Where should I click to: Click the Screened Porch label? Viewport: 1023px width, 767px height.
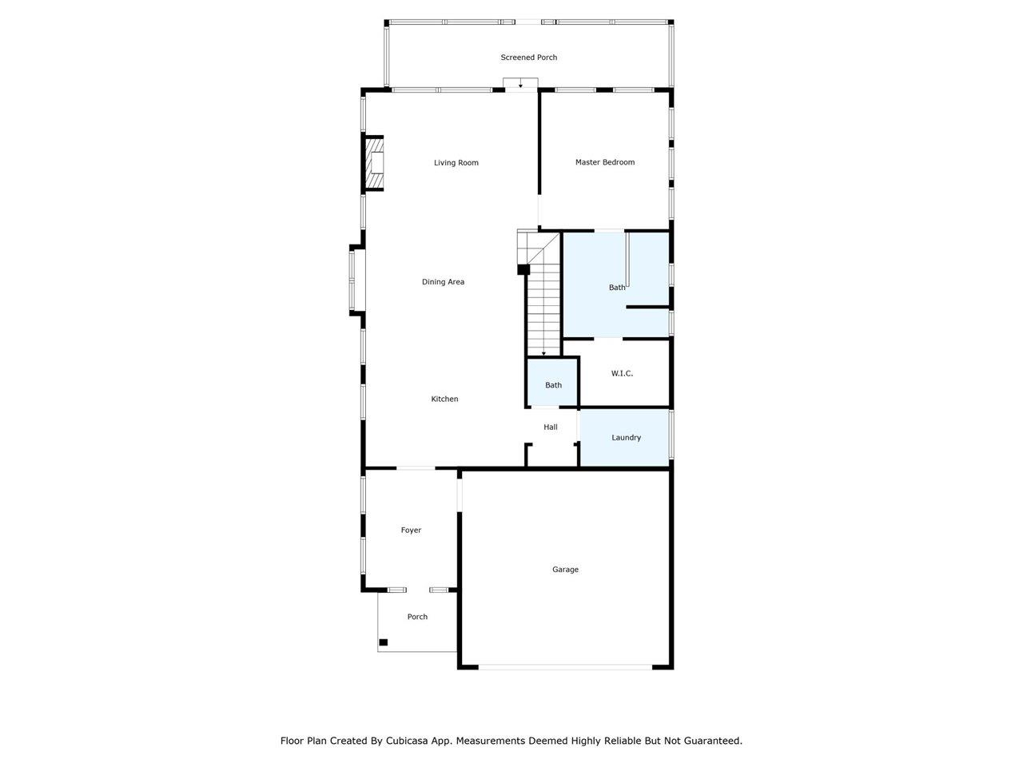coord(528,58)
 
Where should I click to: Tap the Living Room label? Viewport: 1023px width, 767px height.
coord(456,162)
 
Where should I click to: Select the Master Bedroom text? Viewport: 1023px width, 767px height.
coord(604,162)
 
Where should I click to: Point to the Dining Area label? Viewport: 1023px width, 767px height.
coord(443,282)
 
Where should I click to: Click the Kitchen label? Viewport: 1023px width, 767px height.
coord(444,399)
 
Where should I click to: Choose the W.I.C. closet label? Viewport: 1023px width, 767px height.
coord(622,373)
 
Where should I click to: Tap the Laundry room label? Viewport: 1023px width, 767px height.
coord(626,438)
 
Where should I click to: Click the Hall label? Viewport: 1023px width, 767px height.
coord(551,427)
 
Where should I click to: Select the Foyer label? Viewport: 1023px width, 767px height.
coord(411,530)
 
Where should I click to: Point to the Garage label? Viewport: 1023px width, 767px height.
coord(565,570)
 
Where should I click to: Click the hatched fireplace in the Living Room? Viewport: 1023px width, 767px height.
coord(374,163)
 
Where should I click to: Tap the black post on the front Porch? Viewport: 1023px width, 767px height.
coord(383,642)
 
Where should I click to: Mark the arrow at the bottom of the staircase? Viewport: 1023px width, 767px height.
coord(543,353)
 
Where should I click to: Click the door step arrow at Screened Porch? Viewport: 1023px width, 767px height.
coord(520,85)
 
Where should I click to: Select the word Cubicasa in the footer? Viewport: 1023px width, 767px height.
coord(404,741)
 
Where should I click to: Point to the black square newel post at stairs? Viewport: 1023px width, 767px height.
coord(523,269)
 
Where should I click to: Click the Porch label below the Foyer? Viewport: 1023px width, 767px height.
coord(417,617)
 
